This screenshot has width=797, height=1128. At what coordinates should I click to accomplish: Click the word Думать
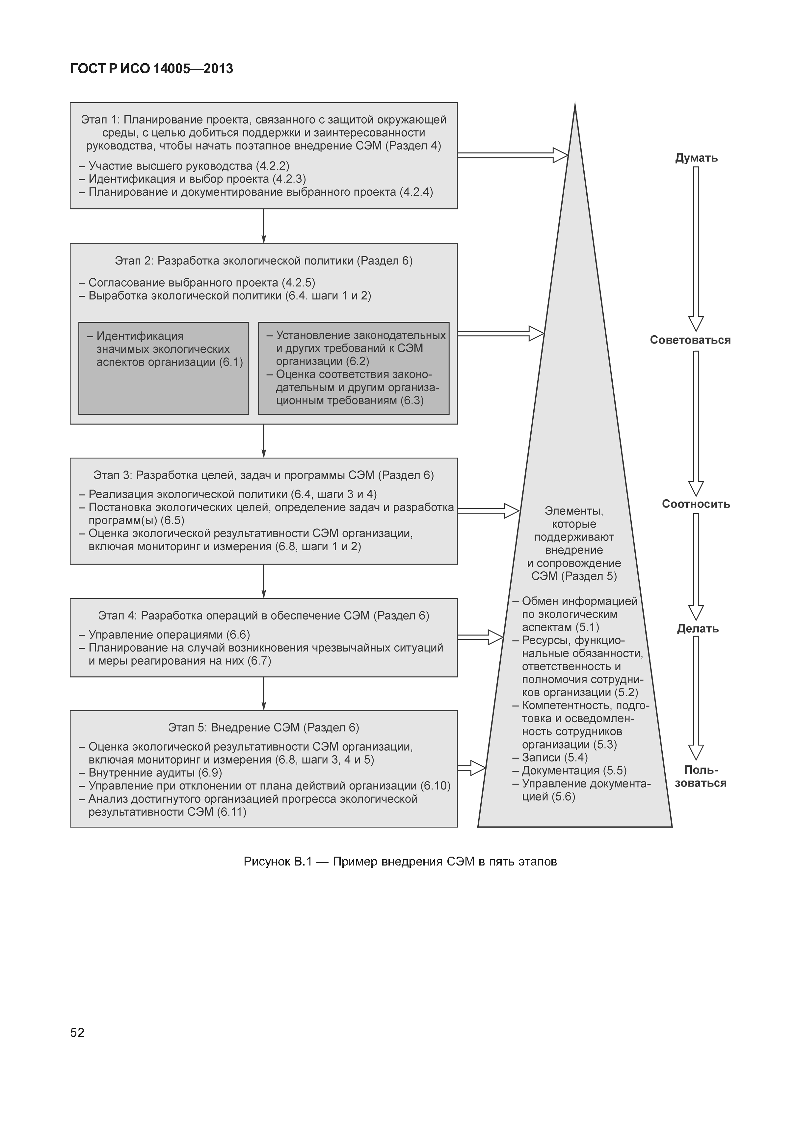click(696, 158)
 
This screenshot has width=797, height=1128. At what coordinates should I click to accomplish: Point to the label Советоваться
click(690, 340)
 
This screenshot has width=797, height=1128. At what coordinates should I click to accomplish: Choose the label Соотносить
click(696, 504)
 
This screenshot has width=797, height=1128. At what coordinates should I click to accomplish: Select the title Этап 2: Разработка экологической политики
click(264, 261)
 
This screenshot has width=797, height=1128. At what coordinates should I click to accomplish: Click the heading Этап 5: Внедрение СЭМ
click(264, 728)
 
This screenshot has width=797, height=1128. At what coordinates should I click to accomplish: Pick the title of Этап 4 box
click(264, 616)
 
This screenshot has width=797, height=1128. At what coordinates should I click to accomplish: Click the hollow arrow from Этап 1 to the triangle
click(512, 155)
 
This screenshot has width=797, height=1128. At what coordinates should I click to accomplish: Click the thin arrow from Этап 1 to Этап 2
click(264, 226)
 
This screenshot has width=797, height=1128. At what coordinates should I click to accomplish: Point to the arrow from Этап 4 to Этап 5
click(264, 693)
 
